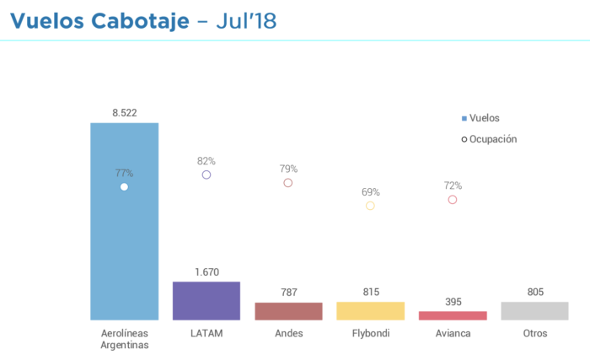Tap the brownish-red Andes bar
[288, 311]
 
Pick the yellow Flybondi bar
[370, 311]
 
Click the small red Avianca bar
[453, 315]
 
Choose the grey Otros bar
[534, 311]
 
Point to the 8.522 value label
[125, 112]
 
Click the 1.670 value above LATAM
[206, 271]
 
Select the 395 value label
[453, 301]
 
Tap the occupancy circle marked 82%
[206, 175]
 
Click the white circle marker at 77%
[124, 186]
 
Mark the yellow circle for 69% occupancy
[370, 206]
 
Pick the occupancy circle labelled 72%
[453, 200]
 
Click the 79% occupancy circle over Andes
[288, 182]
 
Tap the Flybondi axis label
[370, 333]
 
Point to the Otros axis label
[534, 333]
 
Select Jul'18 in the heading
[246, 20]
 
